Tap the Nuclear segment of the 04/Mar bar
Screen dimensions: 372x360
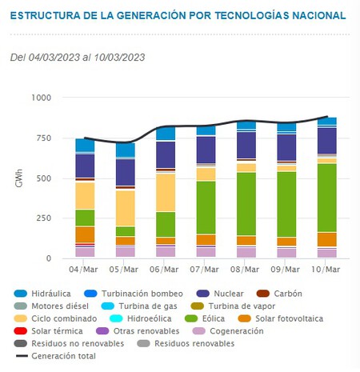pos(85,166)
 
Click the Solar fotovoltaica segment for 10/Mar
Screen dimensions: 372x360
pos(326,239)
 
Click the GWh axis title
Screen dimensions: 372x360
pos(18,178)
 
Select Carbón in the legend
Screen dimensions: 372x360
pos(280,293)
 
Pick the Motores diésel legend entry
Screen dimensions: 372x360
pos(63,306)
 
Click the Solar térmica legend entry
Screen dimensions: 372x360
pos(57,330)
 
